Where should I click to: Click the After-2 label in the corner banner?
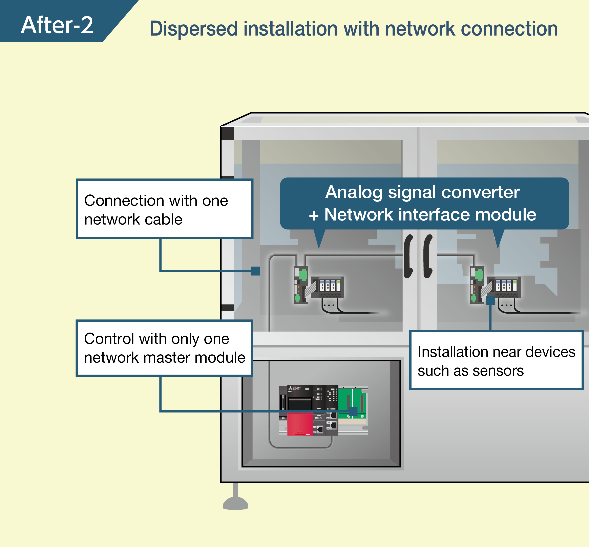point(57,25)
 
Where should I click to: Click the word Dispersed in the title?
point(193,29)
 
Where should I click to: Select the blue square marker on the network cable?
point(255,271)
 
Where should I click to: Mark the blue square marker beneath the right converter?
point(490,301)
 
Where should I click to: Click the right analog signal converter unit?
point(495,286)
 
